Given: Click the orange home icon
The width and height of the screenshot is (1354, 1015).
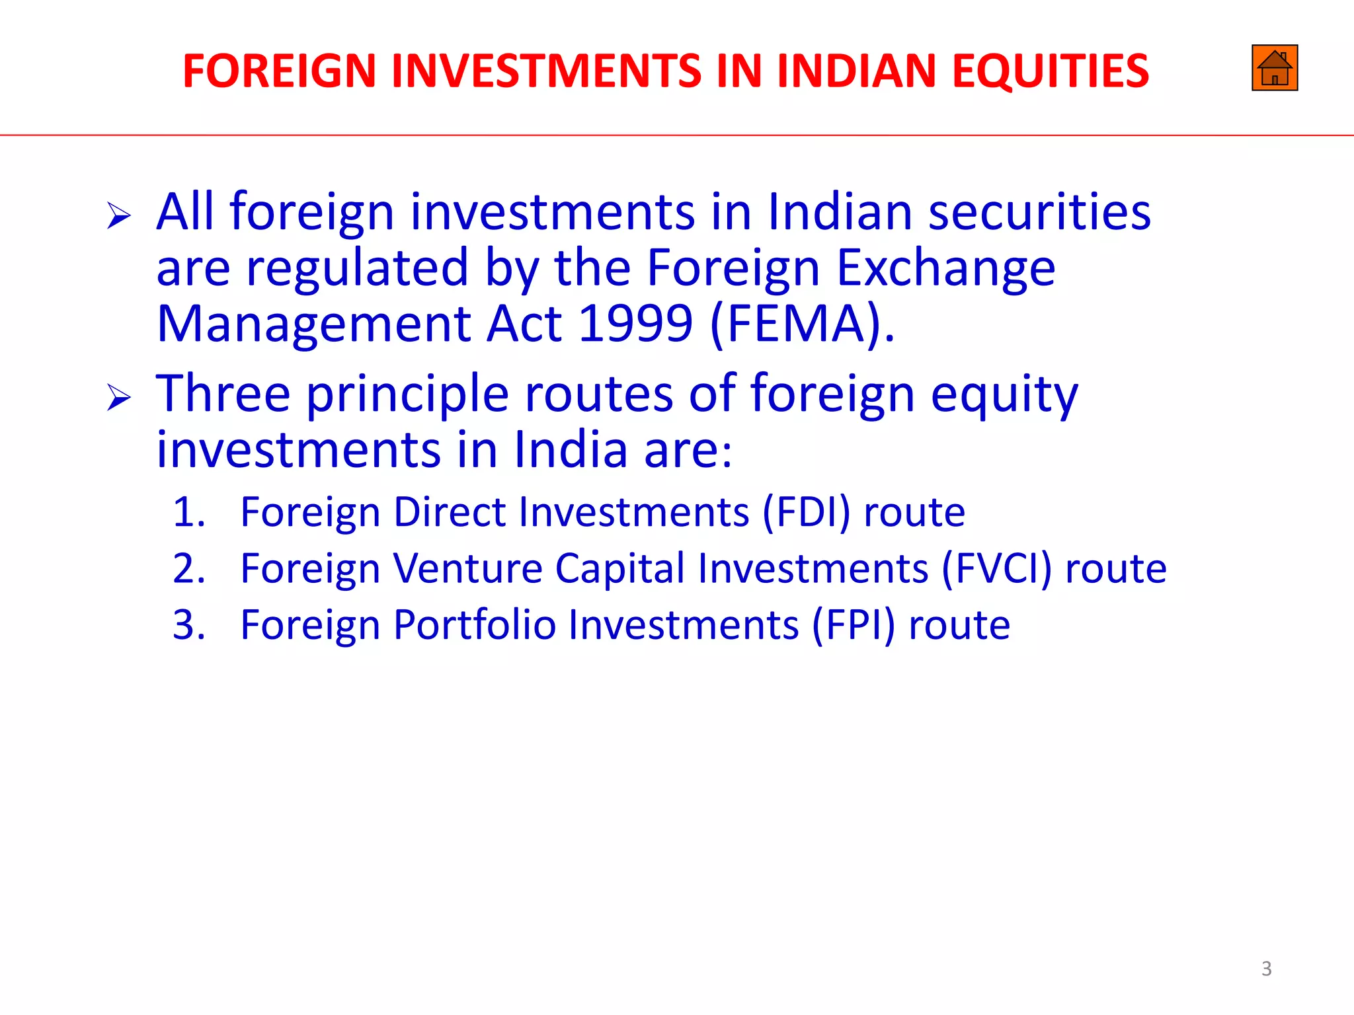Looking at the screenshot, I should pyautogui.click(x=1274, y=68).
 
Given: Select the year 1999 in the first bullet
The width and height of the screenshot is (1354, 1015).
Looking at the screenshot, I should pyautogui.click(x=635, y=324).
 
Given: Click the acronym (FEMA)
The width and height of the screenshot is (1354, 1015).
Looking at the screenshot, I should pyautogui.click(x=802, y=324).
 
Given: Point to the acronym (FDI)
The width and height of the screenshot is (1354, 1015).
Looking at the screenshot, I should pyautogui.click(x=806, y=512).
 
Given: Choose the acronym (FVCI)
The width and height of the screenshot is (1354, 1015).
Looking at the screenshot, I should pyautogui.click(x=996, y=568).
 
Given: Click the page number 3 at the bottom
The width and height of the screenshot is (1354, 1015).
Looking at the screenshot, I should pyautogui.click(x=1266, y=969).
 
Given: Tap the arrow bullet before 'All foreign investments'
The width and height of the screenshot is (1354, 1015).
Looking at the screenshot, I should pyautogui.click(x=119, y=216).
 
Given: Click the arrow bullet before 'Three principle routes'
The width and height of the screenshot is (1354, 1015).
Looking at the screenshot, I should pyautogui.click(x=119, y=398).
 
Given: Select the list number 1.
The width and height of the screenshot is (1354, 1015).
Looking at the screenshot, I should pyautogui.click(x=188, y=512).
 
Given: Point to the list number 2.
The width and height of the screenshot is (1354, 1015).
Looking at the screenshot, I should pyautogui.click(x=188, y=568).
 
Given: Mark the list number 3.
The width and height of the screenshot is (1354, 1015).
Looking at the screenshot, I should pyautogui.click(x=188, y=625).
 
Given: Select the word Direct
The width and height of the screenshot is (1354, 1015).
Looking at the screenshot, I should pyautogui.click(x=450, y=512).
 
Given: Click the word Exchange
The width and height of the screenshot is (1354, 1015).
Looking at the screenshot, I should pyautogui.click(x=945, y=268).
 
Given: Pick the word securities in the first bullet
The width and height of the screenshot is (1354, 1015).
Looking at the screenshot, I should pyautogui.click(x=1039, y=212).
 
